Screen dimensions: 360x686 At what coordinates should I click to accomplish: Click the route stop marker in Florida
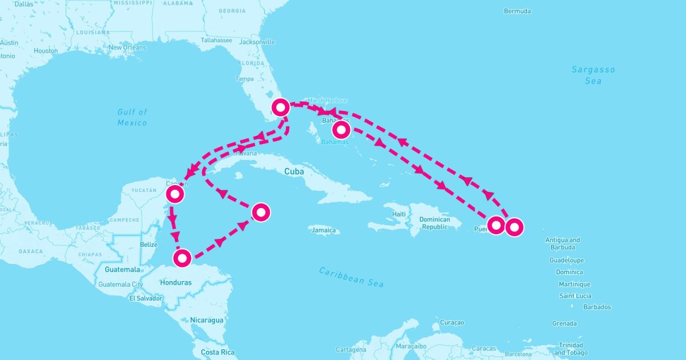[x=281, y=107]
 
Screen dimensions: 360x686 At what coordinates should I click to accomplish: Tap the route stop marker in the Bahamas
[x=341, y=130]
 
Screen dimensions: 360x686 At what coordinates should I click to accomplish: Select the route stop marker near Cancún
[x=174, y=194]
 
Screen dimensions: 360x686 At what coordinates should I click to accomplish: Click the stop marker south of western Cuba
[x=261, y=212]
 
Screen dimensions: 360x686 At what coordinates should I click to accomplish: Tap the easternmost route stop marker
[x=514, y=227]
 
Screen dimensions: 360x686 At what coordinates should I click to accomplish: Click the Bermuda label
[x=517, y=11]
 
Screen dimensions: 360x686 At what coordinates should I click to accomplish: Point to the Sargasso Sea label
[x=593, y=75]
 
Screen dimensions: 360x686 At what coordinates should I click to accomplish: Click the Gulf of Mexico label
[x=132, y=117]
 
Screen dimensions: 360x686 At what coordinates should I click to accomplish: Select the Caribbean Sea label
[x=352, y=277]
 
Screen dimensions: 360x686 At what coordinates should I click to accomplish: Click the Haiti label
[x=399, y=214]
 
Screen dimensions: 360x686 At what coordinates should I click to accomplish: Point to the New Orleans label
[x=127, y=47]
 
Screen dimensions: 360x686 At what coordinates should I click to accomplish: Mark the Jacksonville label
[x=257, y=42]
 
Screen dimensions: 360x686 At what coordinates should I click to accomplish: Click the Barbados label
[x=597, y=307]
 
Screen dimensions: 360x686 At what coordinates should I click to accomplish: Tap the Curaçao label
[x=452, y=323]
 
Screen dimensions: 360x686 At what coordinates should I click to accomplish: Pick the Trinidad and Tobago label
[x=571, y=349]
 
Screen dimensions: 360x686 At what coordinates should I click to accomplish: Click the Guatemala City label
[x=121, y=284]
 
